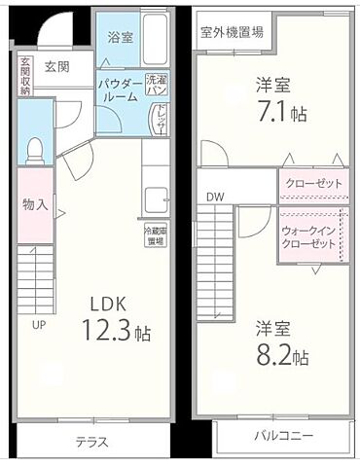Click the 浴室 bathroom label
(x=122, y=34)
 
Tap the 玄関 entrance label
(x=56, y=67)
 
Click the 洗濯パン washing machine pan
(x=157, y=85)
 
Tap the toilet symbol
(x=35, y=151)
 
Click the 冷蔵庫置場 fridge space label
(x=157, y=235)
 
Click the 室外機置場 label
(x=232, y=31)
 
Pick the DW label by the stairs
(x=215, y=198)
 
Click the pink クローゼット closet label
(x=311, y=184)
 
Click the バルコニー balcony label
(x=284, y=435)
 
